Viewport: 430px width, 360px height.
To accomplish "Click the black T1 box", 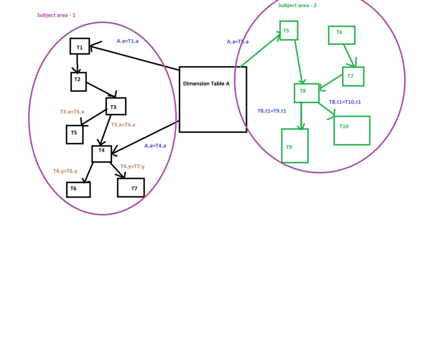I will pyautogui.click(x=79, y=46).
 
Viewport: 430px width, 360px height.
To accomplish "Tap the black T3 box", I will pyautogui.click(x=116, y=106).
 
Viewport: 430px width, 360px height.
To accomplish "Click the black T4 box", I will pyautogui.click(x=102, y=153).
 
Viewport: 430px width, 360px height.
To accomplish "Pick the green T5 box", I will pyautogui.click(x=289, y=31).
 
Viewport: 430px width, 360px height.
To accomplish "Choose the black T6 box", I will pyautogui.click(x=78, y=189).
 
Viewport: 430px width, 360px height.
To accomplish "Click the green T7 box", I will pyautogui.click(x=353, y=76).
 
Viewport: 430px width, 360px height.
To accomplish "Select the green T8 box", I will pyautogui.click(x=306, y=93).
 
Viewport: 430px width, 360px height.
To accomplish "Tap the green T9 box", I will pyautogui.click(x=295, y=145).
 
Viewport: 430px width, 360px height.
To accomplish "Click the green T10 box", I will pyautogui.click(x=352, y=130).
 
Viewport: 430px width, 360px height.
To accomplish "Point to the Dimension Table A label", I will pyautogui.click(x=206, y=84).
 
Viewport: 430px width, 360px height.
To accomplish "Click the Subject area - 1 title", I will pyautogui.click(x=56, y=15).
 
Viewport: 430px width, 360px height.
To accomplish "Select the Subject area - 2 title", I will pyautogui.click(x=298, y=5).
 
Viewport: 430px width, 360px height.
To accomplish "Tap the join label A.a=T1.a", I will pyautogui.click(x=128, y=41).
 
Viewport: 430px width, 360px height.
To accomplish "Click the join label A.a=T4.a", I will pyautogui.click(x=155, y=145).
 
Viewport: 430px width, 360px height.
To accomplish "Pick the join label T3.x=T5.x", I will pyautogui.click(x=72, y=112).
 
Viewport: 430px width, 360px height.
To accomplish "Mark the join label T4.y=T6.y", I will pyautogui.click(x=65, y=171).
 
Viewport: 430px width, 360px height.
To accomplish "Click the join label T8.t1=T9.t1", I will pyautogui.click(x=272, y=111).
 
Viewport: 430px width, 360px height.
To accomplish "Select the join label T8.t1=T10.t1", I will pyautogui.click(x=345, y=102).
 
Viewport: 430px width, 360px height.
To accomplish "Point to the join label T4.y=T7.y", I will pyautogui.click(x=132, y=166).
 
